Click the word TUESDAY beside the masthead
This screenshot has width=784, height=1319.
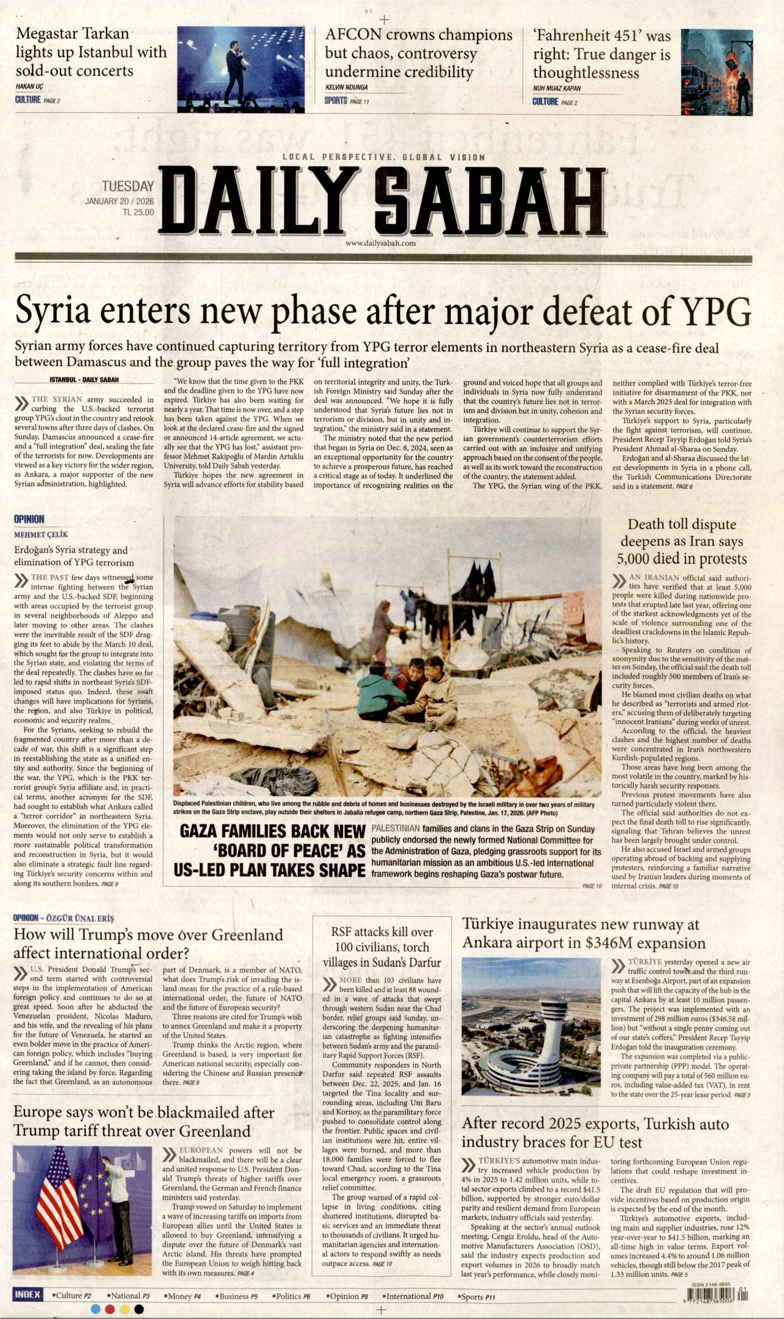click(x=127, y=186)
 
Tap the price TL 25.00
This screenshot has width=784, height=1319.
click(x=138, y=212)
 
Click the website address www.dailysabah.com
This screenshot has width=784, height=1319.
click(x=380, y=243)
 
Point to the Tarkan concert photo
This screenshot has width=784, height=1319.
click(x=241, y=67)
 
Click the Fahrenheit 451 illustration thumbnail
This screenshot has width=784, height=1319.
click(x=717, y=68)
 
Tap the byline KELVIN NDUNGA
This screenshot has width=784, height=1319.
click(x=347, y=88)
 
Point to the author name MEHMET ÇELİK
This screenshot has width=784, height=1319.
click(x=41, y=535)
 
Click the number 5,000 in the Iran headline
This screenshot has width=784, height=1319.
click(x=638, y=559)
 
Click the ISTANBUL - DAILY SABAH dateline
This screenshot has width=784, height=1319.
click(x=84, y=380)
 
